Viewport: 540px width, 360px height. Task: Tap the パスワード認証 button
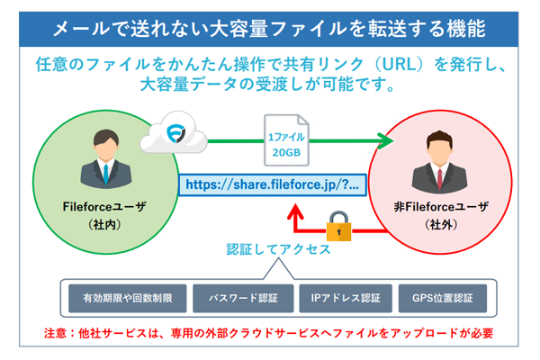242,296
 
